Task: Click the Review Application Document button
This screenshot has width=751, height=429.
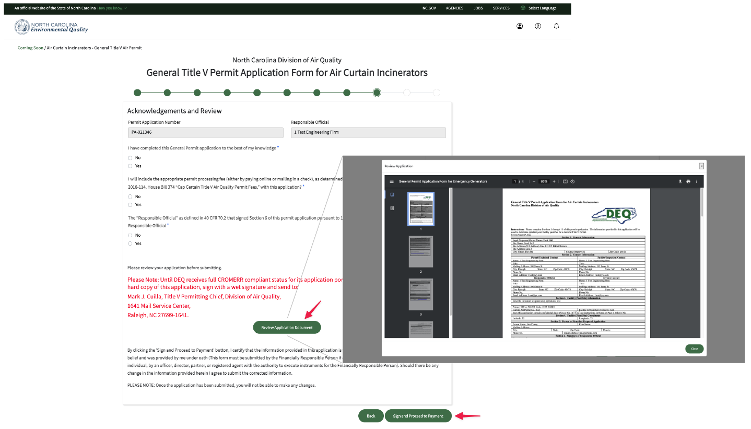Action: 287,328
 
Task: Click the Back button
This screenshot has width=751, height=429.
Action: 371,416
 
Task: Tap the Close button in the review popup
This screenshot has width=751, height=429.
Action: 694,349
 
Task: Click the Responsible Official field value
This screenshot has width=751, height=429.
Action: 368,133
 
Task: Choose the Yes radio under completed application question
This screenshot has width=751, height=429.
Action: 130,166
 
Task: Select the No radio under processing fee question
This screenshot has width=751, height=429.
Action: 130,196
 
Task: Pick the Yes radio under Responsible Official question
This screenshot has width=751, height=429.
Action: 130,244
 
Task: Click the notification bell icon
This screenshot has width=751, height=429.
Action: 556,26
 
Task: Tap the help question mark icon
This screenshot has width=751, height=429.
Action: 538,26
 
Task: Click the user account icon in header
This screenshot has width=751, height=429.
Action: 520,26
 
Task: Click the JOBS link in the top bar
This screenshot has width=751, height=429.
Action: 478,8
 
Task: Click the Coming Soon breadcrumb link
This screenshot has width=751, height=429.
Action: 30,48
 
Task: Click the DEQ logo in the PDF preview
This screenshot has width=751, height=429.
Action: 614,215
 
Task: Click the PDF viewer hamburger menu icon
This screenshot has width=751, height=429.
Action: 392,181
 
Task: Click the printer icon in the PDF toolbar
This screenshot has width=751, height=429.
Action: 688,181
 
